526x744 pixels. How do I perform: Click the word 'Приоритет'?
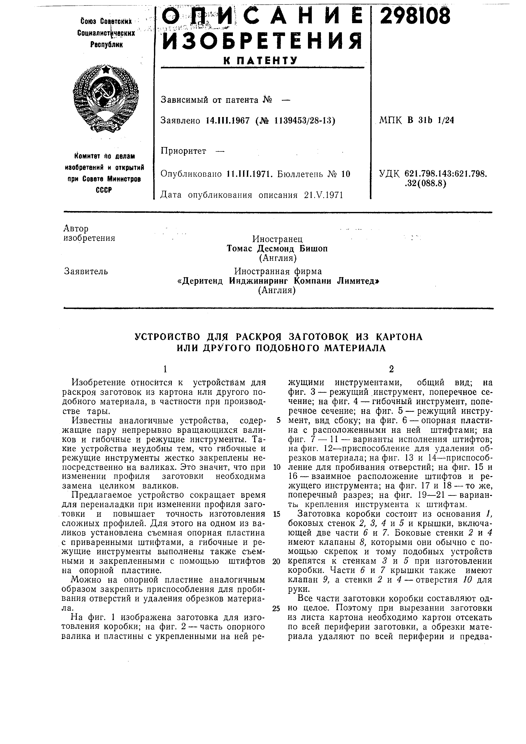(x=183, y=151)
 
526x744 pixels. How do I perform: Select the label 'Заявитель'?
(x=86, y=271)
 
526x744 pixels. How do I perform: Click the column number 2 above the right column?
(x=392, y=369)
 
